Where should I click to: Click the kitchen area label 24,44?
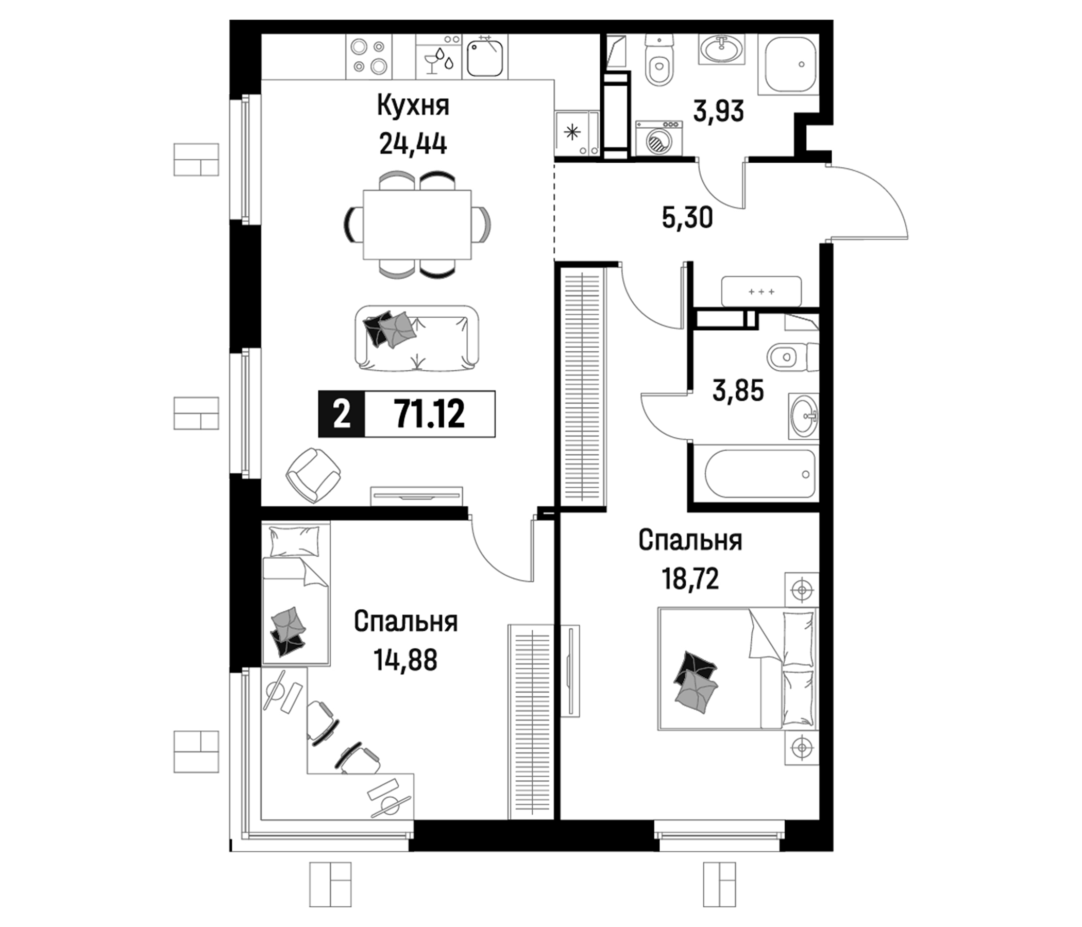[413, 144]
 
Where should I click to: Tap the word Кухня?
[413, 107]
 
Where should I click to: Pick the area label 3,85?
[738, 391]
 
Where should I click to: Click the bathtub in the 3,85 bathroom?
[760, 474]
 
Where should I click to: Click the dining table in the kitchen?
[417, 225]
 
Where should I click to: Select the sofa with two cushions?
[416, 339]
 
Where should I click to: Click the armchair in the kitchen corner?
[313, 475]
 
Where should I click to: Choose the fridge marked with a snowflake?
[577, 133]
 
